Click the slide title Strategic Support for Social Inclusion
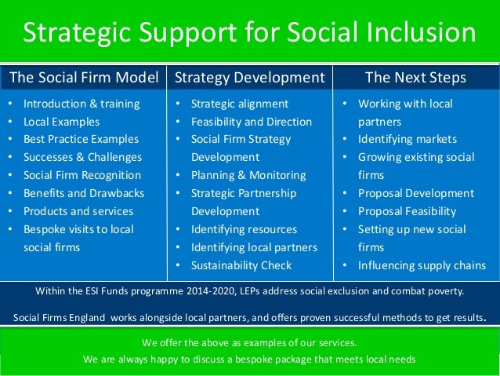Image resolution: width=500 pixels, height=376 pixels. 249,34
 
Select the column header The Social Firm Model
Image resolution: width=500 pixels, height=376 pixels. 84,78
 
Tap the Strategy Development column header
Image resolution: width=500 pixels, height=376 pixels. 250,78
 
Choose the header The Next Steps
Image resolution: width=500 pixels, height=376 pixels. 415,78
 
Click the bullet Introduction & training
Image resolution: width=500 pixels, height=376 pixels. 82,104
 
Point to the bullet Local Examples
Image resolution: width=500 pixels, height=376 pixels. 61,122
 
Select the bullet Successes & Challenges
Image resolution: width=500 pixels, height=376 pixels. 82,157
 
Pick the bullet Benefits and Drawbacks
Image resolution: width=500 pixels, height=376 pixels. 83,193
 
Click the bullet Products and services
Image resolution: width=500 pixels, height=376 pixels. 78,211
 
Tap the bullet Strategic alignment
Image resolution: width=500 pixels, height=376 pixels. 240,104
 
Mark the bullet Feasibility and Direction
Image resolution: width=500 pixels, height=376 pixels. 252,122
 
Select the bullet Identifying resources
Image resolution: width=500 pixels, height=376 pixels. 245,229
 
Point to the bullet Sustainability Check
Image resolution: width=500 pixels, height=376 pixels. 241,265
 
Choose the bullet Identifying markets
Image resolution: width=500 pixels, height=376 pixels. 408,139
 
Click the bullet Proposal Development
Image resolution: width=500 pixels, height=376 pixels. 416,193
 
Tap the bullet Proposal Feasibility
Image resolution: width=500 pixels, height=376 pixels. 407,211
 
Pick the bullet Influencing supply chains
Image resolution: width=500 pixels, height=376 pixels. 422,265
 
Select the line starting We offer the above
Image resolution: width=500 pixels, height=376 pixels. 249,343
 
